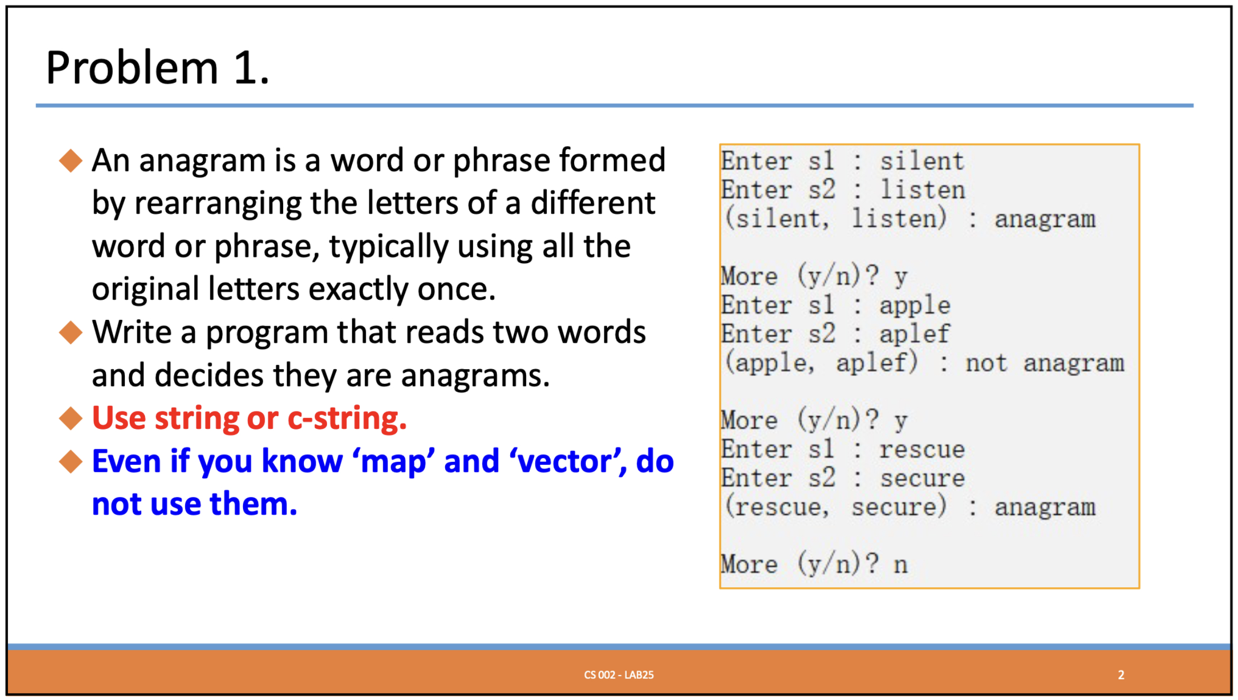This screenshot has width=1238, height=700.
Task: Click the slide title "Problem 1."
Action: pos(158,68)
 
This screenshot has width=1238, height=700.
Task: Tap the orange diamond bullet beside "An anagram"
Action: pos(71,160)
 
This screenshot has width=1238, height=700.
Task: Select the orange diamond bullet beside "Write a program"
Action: pos(71,333)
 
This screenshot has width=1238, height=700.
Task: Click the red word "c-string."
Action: pos(347,418)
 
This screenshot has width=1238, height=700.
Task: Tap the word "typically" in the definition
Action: pos(388,247)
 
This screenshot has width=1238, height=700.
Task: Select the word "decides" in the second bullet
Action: pos(209,375)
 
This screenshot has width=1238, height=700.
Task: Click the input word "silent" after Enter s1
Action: pos(921,161)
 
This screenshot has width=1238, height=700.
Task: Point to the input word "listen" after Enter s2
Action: pos(922,190)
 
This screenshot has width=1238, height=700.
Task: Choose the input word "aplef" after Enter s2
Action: pos(914,334)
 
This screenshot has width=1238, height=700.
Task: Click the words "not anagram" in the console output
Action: pos(1044,363)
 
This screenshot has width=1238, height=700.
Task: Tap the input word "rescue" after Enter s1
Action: pos(921,450)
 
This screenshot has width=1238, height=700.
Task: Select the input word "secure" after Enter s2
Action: pos(922,479)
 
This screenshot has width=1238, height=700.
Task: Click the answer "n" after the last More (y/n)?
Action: pos(900,565)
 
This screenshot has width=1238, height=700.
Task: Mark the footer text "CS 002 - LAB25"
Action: pos(618,675)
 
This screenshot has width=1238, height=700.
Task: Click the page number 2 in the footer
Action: pos(1120,675)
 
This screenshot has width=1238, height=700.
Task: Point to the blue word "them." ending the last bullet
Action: pos(254,504)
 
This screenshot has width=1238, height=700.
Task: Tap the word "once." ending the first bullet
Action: pos(456,290)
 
